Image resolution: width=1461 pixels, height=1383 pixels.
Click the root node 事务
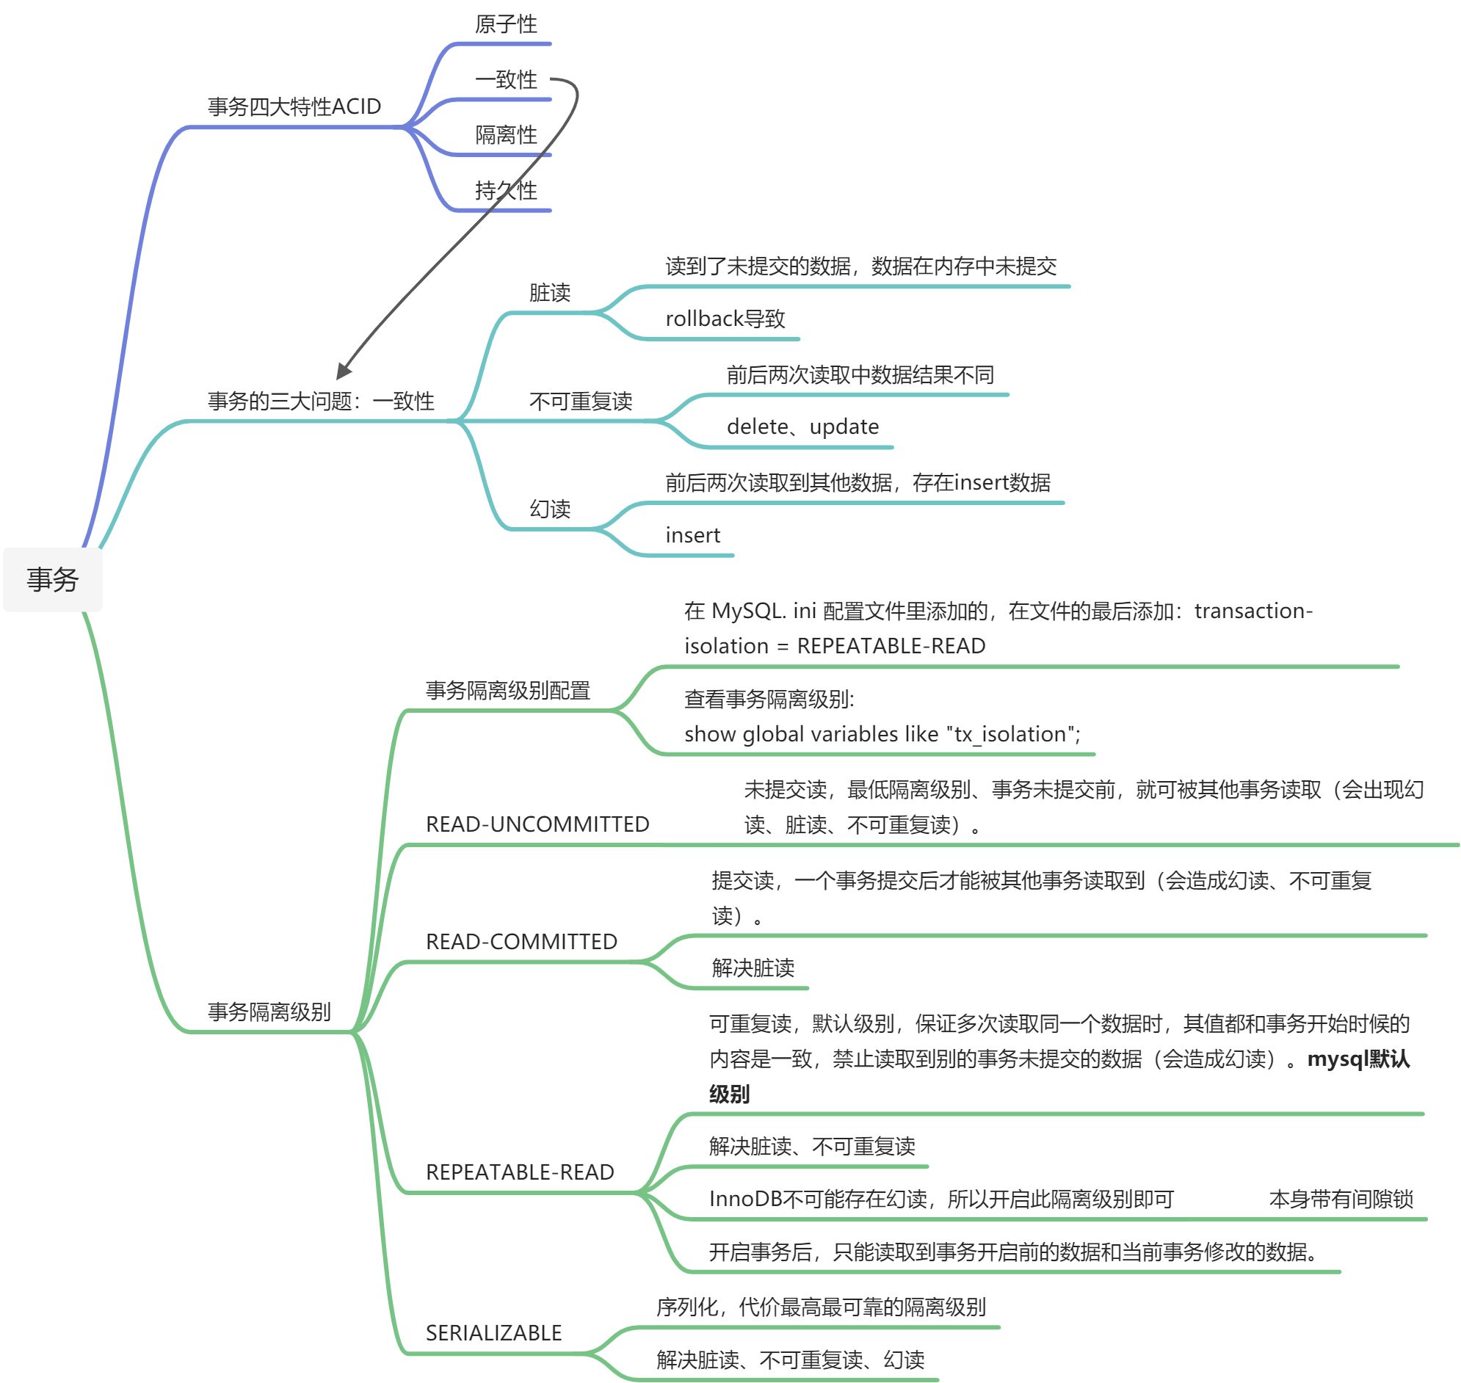[52, 579]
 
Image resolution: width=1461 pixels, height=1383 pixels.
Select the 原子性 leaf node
[506, 24]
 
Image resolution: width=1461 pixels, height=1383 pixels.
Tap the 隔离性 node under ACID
[506, 135]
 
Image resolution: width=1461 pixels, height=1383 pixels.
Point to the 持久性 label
[506, 191]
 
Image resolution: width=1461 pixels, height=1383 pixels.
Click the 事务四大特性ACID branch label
[294, 107]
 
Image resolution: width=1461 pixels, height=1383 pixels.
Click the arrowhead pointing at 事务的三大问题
[344, 370]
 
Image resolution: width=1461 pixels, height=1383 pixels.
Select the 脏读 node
[550, 293]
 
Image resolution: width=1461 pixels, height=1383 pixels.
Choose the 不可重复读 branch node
[581, 401]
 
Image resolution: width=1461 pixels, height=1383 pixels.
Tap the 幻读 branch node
[550, 509]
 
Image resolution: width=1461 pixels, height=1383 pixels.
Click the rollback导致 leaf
[725, 319]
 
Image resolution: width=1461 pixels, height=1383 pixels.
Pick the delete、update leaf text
[802, 426]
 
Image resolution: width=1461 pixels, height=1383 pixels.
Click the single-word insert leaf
[693, 535]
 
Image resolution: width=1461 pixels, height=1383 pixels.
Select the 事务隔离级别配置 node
[508, 691]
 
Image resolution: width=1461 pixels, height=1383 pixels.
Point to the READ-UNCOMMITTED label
[537, 824]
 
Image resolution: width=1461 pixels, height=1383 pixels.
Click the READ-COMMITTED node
[521, 941]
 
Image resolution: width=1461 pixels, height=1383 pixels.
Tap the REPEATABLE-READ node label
[520, 1172]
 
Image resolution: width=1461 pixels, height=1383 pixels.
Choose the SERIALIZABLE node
[494, 1333]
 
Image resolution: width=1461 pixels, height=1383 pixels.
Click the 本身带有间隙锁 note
[1341, 1199]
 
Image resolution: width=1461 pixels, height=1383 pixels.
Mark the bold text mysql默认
[1357, 1059]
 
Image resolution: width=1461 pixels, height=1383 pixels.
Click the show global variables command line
[882, 734]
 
